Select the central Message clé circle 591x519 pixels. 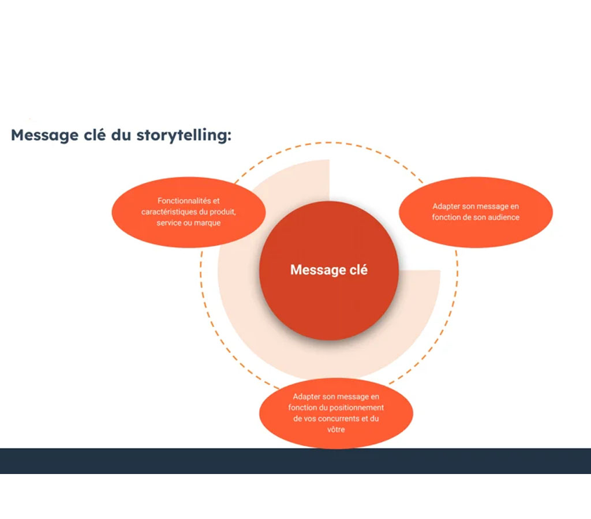click(328, 300)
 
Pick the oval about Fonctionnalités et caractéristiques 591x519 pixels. click(188, 212)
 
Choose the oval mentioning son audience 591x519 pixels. click(476, 212)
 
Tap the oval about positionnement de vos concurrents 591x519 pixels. click(336, 412)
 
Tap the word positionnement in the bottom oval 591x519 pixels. click(359, 408)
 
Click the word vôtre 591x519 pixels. click(336, 430)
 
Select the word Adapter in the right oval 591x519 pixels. click(446, 206)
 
